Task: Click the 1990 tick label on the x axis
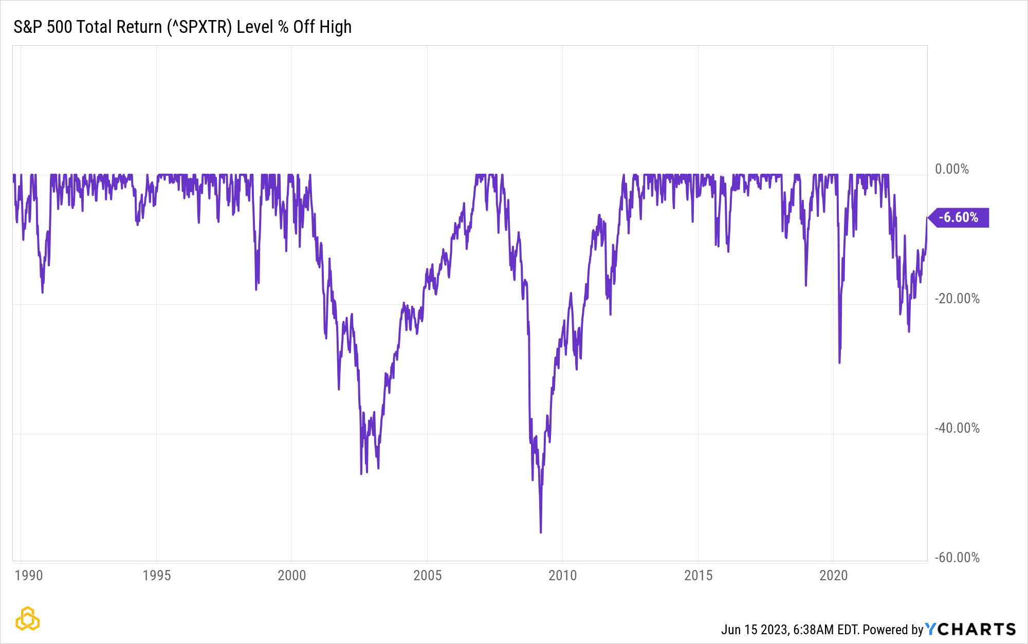(x=29, y=575)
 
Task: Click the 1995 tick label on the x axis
(x=156, y=575)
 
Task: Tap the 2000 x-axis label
(x=291, y=575)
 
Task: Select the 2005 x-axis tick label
(x=427, y=575)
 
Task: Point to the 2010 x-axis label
(x=562, y=575)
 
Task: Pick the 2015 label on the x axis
(x=698, y=575)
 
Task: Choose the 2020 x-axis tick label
(x=833, y=575)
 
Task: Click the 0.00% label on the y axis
(x=951, y=169)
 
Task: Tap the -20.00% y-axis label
(x=957, y=299)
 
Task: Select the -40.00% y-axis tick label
(x=957, y=428)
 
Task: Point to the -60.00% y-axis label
(x=957, y=558)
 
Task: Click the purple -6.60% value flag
(x=959, y=217)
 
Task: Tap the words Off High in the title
(x=322, y=27)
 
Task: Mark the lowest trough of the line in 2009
(x=541, y=532)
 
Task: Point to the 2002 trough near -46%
(x=361, y=473)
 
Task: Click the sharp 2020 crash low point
(x=839, y=362)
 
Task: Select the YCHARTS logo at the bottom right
(x=970, y=629)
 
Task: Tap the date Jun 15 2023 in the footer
(x=754, y=630)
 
